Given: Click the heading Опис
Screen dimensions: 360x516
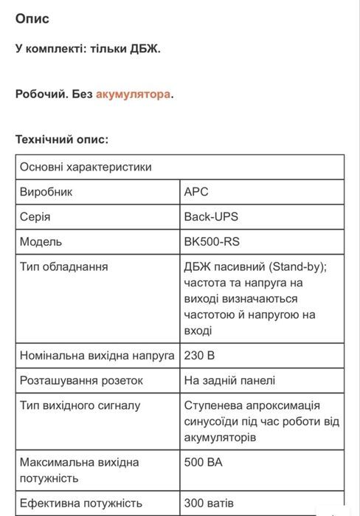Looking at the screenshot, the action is pos(32,18).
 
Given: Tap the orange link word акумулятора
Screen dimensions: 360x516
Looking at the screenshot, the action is pos(133,94).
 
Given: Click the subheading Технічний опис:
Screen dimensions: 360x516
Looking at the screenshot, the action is pos(62,139).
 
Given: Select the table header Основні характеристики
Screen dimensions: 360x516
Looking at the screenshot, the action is pos(86,167).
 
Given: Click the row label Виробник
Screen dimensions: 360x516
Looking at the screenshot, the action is pos(46,192).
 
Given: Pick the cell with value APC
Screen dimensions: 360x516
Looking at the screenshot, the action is pos(196,192).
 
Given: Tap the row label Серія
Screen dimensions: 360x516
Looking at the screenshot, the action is pos(35,217).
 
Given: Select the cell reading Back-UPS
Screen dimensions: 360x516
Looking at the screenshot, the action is pos(211,217).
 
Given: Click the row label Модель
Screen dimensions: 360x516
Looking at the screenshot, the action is pos(41,241).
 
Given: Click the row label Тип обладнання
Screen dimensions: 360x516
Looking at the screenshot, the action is pos(64,266).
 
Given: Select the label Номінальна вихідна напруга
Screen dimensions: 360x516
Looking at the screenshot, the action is pos(97,356).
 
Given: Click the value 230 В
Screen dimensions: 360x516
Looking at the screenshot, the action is pos(200,356).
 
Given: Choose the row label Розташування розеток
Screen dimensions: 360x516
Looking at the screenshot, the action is pos(82,380).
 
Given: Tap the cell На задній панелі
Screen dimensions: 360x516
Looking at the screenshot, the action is pos(229,380).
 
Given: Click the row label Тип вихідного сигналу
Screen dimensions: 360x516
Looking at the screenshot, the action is pos(80,405).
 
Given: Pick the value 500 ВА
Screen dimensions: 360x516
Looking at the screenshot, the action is pos(203,462).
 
